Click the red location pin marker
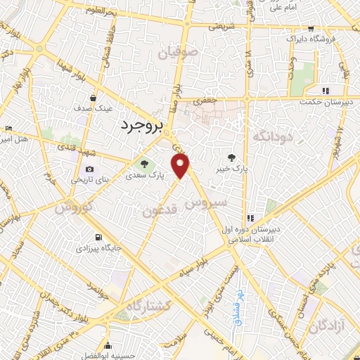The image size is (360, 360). point(182,167)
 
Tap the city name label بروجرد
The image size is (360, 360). point(137,125)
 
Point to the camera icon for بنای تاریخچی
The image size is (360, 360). point(89,169)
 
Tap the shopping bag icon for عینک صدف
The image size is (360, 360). point(94,98)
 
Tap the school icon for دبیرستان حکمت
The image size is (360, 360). point(325,91)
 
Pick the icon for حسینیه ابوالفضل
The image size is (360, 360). point(107,345)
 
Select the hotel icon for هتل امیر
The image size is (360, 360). point(8,129)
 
